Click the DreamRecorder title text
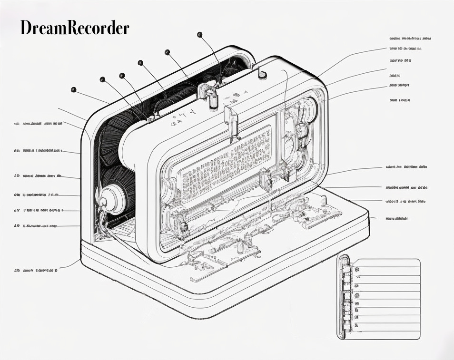coord(74,28)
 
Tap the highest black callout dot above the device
coord(200,34)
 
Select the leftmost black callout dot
coord(73,89)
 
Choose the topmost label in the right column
coord(410,38)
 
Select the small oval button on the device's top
coord(262,73)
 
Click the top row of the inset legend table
coord(388,263)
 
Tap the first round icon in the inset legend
coord(357,269)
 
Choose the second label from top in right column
coord(405,49)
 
